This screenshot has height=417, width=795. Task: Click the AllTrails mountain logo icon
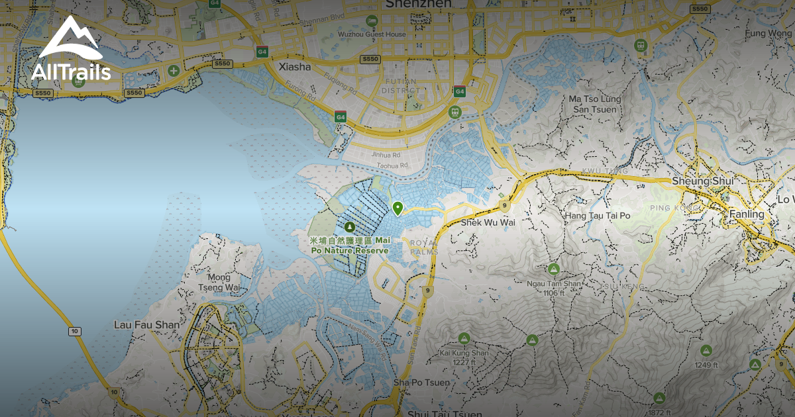pyautogui.click(x=70, y=38)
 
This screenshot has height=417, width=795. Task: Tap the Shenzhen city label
pyautogui.click(x=418, y=4)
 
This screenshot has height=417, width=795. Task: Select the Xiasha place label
pyautogui.click(x=295, y=67)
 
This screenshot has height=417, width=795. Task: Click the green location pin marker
pyautogui.click(x=397, y=208)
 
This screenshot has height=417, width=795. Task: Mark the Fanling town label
pyautogui.click(x=746, y=214)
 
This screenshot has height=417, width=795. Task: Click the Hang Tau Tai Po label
pyautogui.click(x=597, y=216)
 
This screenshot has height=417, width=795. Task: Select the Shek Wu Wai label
pyautogui.click(x=488, y=222)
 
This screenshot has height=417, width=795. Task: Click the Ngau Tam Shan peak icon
pyautogui.click(x=553, y=269)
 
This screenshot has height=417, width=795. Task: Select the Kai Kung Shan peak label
pyautogui.click(x=464, y=357)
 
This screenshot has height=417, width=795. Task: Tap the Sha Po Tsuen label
pyautogui.click(x=421, y=383)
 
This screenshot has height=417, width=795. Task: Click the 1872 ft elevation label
pyautogui.click(x=659, y=412)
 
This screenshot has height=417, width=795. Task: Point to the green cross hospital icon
pyautogui.click(x=174, y=70)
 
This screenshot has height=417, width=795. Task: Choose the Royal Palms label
pyautogui.click(x=425, y=247)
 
